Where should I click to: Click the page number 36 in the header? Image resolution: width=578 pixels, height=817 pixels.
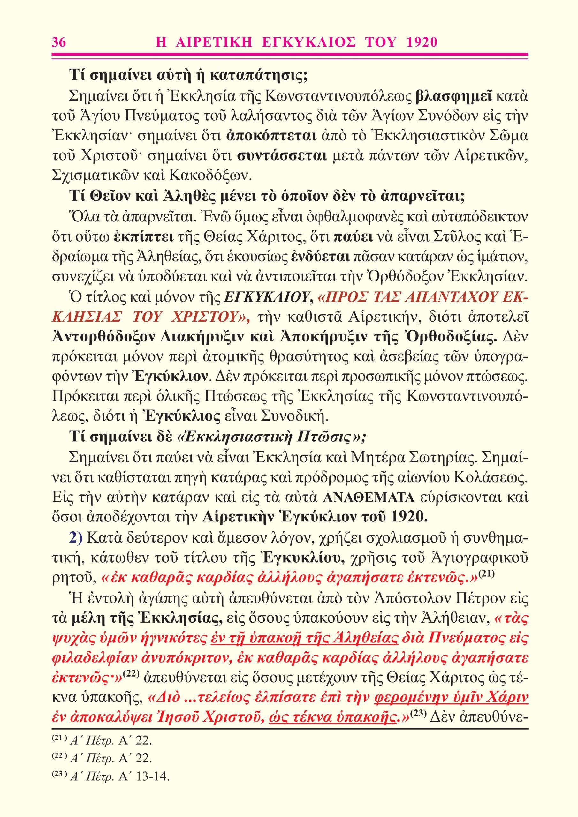(x=59, y=42)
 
